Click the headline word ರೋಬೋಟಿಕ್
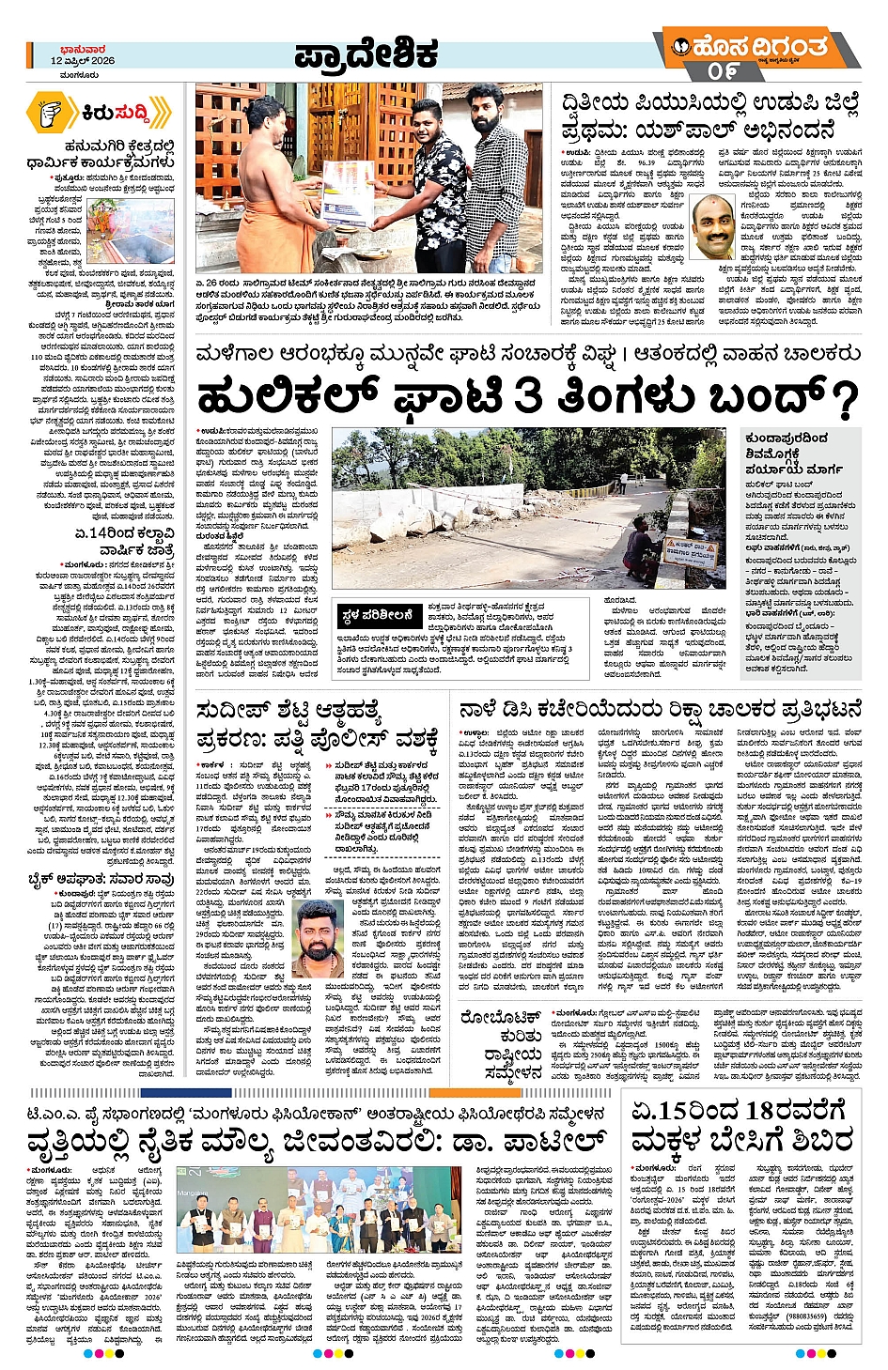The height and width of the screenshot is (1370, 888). [500, 1018]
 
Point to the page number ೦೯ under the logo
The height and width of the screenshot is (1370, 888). [724, 71]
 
